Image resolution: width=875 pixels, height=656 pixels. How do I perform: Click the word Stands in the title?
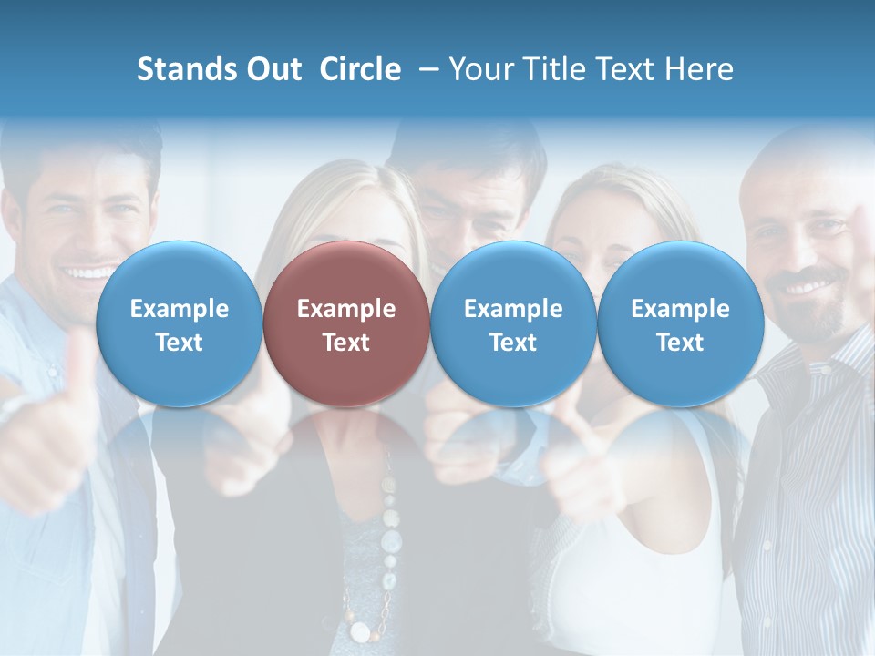[185, 69]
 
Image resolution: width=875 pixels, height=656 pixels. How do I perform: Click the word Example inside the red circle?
[346, 309]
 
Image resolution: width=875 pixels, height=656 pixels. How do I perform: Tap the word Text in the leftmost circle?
[179, 343]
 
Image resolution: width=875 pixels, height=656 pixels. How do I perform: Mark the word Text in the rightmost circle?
[680, 343]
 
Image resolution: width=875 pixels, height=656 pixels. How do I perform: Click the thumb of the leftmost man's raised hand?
[77, 360]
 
